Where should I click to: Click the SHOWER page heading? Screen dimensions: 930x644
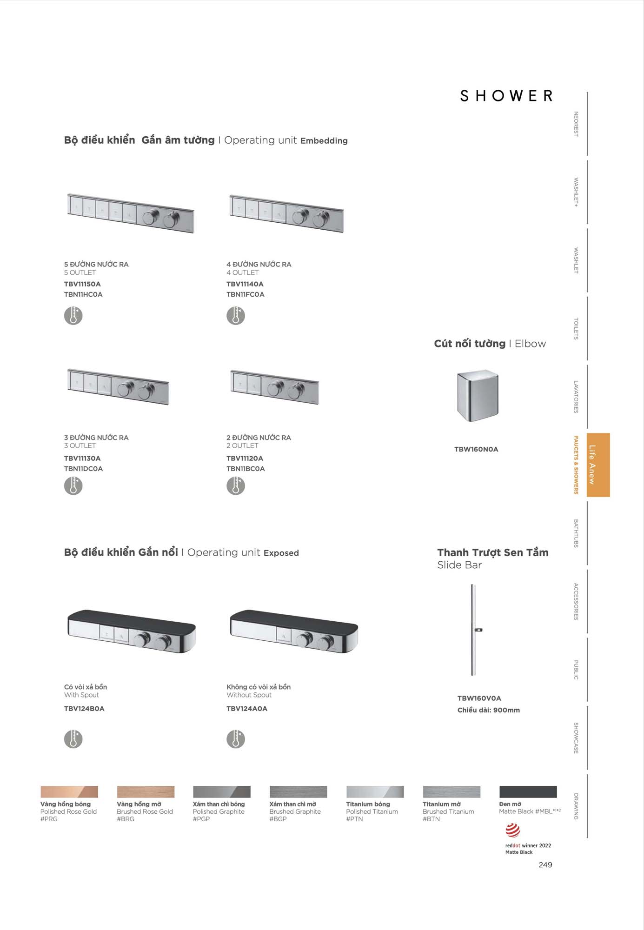click(x=506, y=96)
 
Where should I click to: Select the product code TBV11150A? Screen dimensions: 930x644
click(x=82, y=284)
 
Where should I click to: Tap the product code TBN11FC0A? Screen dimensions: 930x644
click(x=245, y=294)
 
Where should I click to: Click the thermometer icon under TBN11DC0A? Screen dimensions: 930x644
click(x=73, y=486)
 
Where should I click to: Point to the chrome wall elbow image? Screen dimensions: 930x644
click(x=478, y=395)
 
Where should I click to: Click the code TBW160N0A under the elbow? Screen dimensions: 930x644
click(x=476, y=449)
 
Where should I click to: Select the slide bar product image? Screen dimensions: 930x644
click(x=474, y=630)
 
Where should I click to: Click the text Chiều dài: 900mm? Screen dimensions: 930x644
click(x=488, y=710)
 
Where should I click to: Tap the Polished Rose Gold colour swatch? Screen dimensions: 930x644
click(x=69, y=791)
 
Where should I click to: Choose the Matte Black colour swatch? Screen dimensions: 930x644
click(x=528, y=791)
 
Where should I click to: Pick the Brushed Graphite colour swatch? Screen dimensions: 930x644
click(x=298, y=791)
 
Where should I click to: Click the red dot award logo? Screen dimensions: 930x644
click(x=513, y=830)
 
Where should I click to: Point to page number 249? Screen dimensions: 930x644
click(x=545, y=865)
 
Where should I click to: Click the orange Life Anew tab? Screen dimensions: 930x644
click(x=598, y=465)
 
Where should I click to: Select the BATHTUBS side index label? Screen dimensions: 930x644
click(x=576, y=533)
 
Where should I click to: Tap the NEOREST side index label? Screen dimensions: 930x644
click(x=576, y=124)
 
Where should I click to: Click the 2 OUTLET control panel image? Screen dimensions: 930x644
click(x=274, y=387)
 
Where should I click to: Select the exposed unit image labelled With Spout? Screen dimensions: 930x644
click(x=132, y=631)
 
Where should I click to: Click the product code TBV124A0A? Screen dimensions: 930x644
click(x=247, y=709)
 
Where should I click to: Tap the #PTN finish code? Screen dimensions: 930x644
click(x=354, y=819)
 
